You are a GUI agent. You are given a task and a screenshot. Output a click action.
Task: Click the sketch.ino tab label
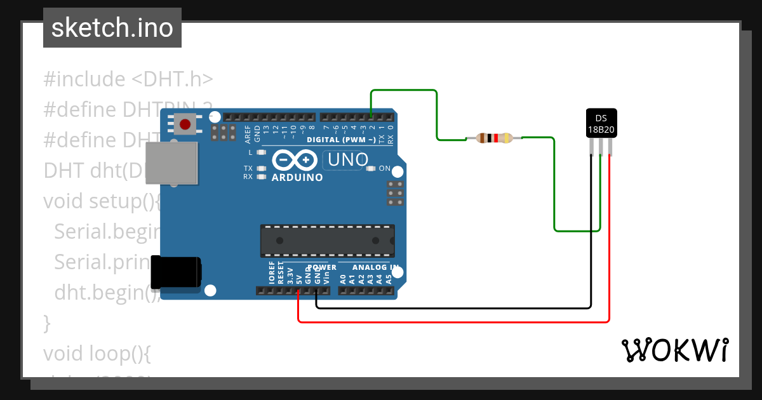click(112, 28)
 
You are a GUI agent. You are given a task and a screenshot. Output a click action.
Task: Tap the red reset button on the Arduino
click(185, 124)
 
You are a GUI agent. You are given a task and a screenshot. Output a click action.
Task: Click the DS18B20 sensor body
click(601, 123)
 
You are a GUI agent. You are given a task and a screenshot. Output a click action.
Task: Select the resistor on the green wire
click(494, 138)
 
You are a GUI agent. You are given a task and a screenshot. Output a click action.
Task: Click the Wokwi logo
click(674, 350)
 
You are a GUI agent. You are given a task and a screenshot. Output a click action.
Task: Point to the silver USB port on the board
click(171, 164)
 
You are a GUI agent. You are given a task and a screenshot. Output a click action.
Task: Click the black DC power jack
click(175, 272)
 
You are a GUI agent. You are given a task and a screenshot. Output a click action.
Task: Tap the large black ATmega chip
click(327, 241)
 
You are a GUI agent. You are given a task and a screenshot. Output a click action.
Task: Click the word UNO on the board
click(347, 159)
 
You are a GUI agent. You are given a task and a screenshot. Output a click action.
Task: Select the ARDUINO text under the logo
click(297, 178)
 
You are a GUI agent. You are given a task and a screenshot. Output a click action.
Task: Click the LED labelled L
click(259, 153)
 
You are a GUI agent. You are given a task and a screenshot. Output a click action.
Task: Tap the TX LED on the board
click(259, 168)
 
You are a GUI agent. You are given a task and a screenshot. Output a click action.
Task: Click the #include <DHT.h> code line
click(128, 79)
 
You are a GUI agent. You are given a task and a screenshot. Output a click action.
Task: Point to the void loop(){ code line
click(97, 352)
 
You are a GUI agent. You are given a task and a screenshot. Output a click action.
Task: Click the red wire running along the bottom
click(444, 321)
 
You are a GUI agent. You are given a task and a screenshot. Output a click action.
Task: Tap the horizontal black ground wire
click(444, 308)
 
